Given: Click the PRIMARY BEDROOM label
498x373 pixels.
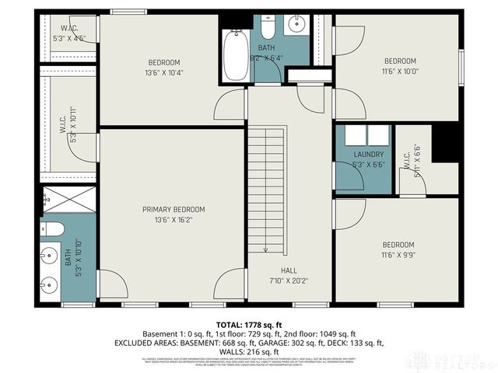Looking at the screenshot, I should click(x=173, y=209).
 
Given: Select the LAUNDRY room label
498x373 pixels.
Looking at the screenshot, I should click(x=347, y=155).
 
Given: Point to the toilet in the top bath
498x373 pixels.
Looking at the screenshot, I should click(x=268, y=29).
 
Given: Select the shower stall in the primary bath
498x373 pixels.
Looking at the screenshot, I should click(x=68, y=199).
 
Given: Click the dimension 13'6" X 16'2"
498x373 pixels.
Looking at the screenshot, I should click(x=173, y=220).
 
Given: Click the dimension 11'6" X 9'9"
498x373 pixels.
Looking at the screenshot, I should click(x=398, y=255).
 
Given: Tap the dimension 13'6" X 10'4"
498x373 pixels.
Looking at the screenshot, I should click(x=164, y=73).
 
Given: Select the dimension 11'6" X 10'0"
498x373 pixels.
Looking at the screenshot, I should click(x=400, y=71).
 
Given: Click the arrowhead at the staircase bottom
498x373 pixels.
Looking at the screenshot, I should click(x=266, y=249).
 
